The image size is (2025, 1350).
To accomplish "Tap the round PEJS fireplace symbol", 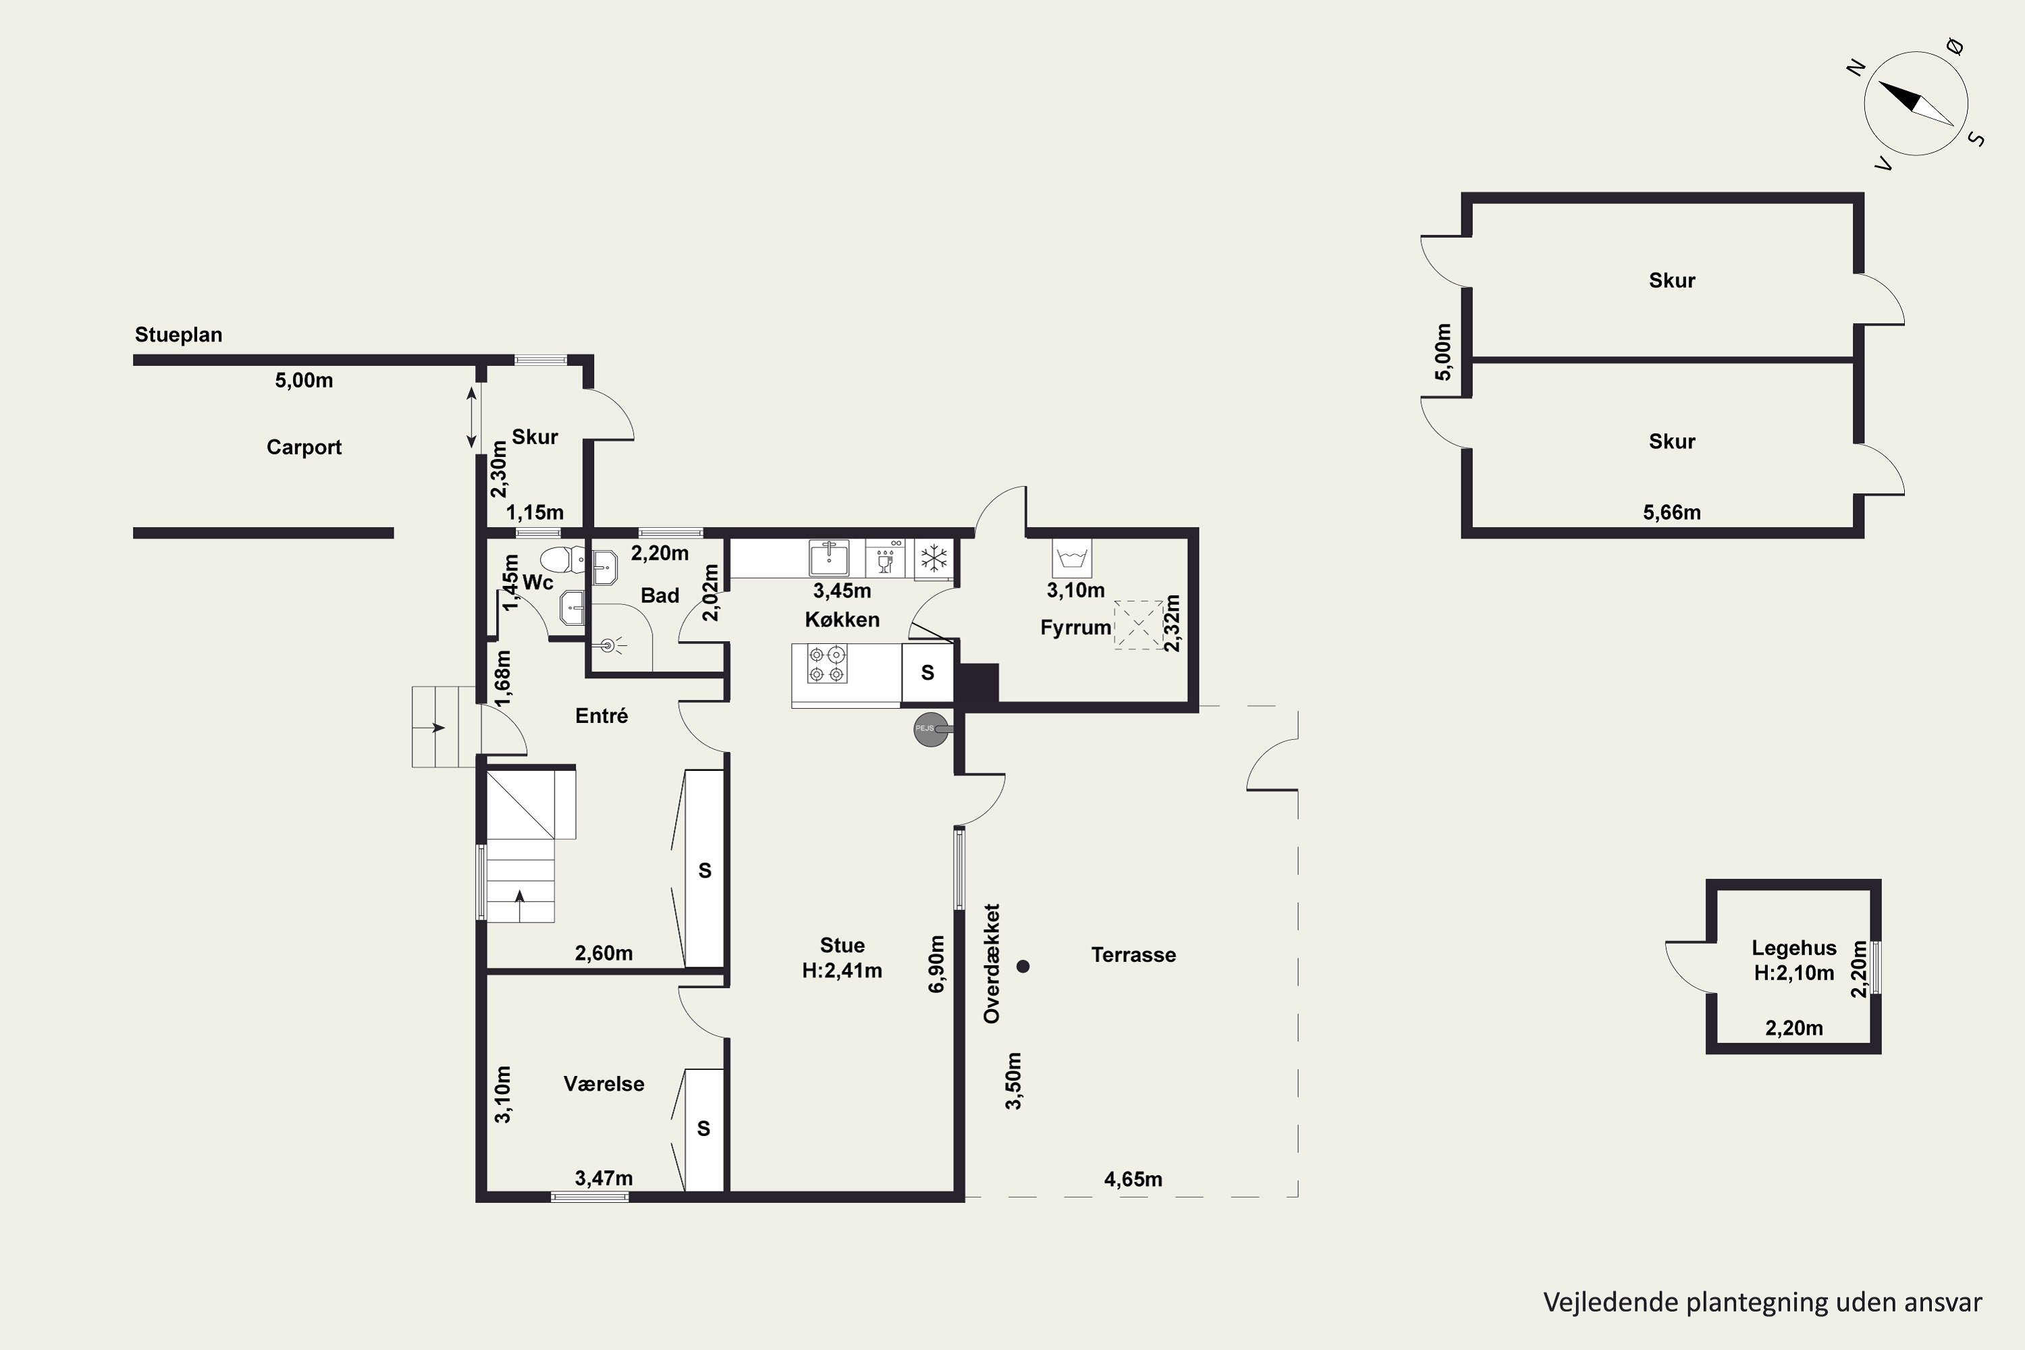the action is [931, 728].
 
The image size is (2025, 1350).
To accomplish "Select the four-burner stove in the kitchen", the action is [826, 664].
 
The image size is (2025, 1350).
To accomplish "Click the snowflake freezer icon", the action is [932, 558].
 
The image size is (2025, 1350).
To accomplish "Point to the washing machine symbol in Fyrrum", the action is [1072, 558].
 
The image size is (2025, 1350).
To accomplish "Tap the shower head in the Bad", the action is [610, 644].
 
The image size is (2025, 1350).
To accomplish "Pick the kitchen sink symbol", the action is [828, 558].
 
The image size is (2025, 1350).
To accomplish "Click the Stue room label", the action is [842, 944].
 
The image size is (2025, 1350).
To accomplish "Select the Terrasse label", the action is [1133, 955].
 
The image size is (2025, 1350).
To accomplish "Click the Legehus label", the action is [1794, 948].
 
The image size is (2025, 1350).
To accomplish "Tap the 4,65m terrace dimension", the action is [1133, 1179].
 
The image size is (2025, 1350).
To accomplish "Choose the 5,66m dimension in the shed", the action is [1672, 512].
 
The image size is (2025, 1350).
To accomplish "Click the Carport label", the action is [304, 448].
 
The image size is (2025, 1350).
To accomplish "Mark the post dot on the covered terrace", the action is [1023, 966].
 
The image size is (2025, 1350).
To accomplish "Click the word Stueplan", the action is [178, 335].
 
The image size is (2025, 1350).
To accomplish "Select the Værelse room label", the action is [603, 1083].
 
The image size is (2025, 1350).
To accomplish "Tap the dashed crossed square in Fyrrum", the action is [1138, 625].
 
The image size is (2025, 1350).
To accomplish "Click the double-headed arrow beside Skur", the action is [471, 418].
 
